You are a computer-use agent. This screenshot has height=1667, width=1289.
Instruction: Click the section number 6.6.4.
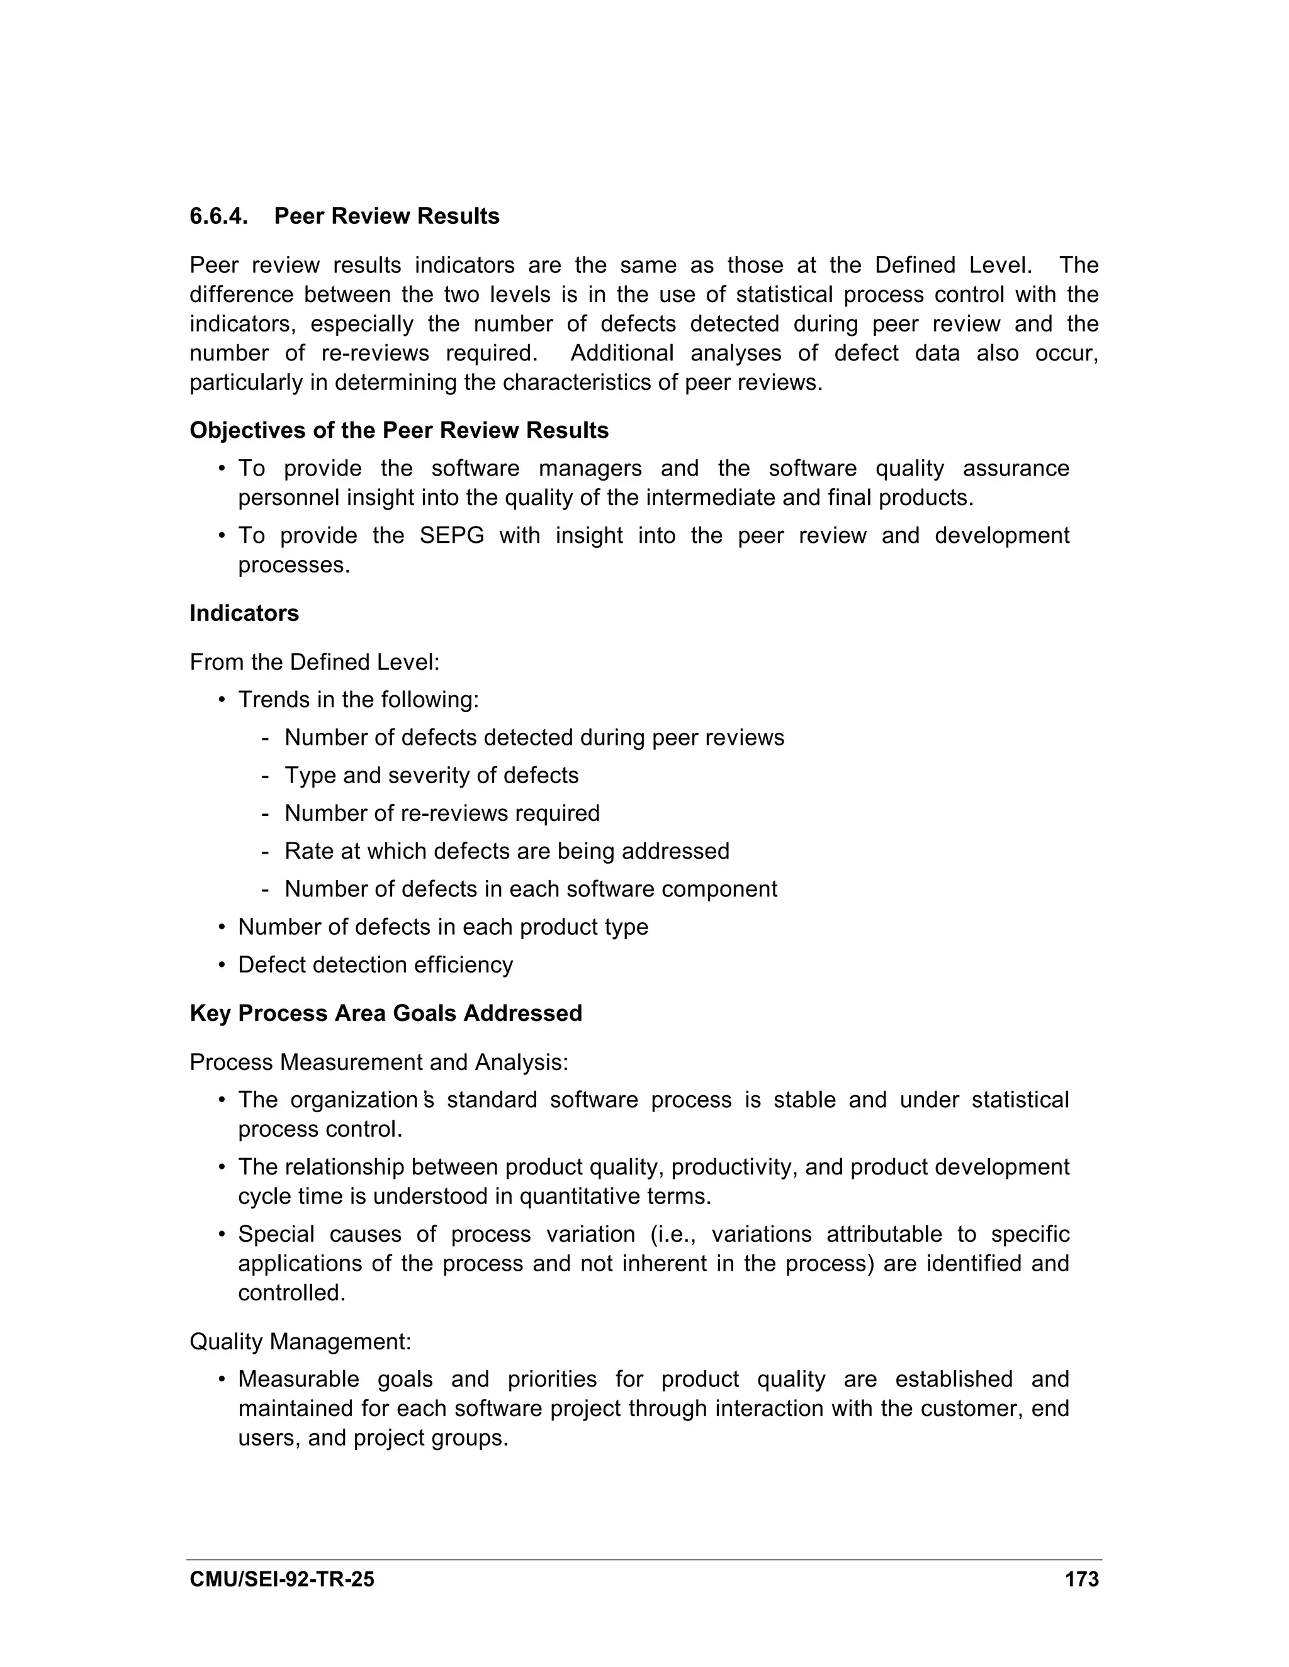pyautogui.click(x=218, y=217)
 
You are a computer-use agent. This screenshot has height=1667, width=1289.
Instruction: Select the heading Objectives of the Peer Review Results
pyautogui.click(x=398, y=430)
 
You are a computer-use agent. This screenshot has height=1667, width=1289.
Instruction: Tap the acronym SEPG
pyautogui.click(x=452, y=536)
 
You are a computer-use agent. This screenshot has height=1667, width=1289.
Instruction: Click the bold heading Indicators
pyautogui.click(x=244, y=614)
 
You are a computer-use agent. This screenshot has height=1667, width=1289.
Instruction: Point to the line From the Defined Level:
pyautogui.click(x=314, y=662)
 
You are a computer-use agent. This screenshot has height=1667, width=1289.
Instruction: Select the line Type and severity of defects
pyautogui.click(x=431, y=776)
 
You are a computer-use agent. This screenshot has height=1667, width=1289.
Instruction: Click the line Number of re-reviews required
pyautogui.click(x=441, y=813)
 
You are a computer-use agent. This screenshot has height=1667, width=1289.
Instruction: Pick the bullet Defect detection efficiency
pyautogui.click(x=375, y=965)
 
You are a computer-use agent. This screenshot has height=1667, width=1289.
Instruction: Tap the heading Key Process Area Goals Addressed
pyautogui.click(x=386, y=1013)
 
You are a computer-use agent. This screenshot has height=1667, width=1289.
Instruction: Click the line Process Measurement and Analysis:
pyautogui.click(x=379, y=1062)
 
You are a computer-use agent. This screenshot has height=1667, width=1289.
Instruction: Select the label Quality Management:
pyautogui.click(x=300, y=1342)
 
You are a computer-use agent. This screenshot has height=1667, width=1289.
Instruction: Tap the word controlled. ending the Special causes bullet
pyautogui.click(x=291, y=1293)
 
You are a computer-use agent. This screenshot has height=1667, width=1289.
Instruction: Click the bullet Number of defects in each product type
pyautogui.click(x=443, y=927)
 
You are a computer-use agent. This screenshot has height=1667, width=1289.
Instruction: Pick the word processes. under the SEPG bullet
pyautogui.click(x=294, y=566)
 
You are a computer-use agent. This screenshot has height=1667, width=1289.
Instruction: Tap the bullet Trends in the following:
pyautogui.click(x=358, y=700)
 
